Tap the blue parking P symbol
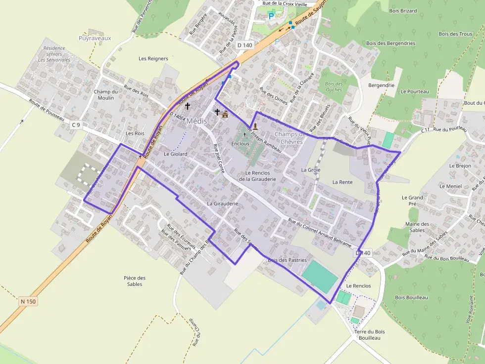pyautogui.click(x=271, y=16)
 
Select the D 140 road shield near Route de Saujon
pyautogui.click(x=244, y=45)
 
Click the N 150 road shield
pyautogui.click(x=29, y=301)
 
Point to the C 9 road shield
pyautogui.click(x=76, y=125)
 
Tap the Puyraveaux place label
pyautogui.click(x=95, y=38)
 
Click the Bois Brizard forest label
pyautogui.click(x=403, y=11)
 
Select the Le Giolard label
pyautogui.click(x=176, y=154)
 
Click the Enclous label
pyautogui.click(x=240, y=144)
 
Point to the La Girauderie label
pyautogui.click(x=223, y=203)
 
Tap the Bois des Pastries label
pyautogui.click(x=287, y=260)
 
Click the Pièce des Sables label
pyautogui.click(x=135, y=281)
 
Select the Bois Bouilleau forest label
pyautogui.click(x=411, y=297)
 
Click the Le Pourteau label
pyautogui.click(x=415, y=91)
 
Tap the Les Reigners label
pyautogui.click(x=153, y=58)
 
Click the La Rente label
pyautogui.click(x=342, y=182)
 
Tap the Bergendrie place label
pyautogui.click(x=381, y=85)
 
